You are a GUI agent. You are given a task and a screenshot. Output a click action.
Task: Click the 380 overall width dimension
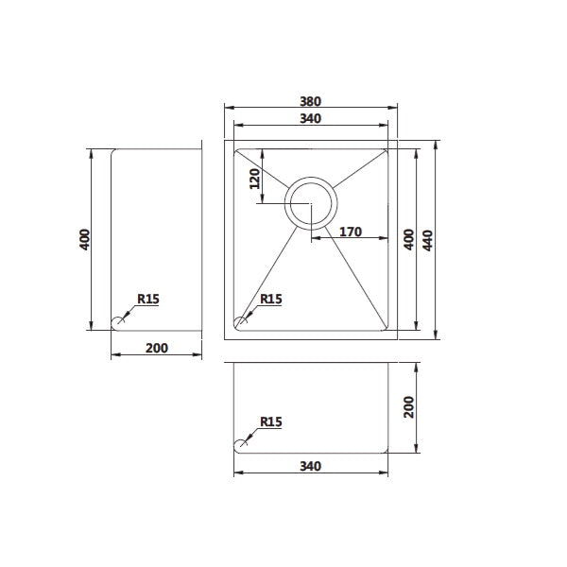pos(310,100)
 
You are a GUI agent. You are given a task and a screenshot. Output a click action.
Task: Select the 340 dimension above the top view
pos(310,118)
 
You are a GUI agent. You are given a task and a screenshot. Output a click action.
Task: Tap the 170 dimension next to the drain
pos(351,231)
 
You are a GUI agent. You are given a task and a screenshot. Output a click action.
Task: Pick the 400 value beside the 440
pos(409,240)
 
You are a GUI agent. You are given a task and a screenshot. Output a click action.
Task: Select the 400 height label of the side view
pos(85,240)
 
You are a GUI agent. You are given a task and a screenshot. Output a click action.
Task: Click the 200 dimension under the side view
pos(157,348)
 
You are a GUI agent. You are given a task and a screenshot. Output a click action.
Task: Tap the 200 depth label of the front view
pos(409,406)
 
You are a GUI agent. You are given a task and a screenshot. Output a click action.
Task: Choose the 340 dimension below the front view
pos(310,466)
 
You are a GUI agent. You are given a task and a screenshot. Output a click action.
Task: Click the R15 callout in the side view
pos(147,300)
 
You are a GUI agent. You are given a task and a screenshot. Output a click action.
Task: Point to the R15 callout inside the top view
pos(271,300)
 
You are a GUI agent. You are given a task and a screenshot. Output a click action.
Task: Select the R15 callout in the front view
pos(271,422)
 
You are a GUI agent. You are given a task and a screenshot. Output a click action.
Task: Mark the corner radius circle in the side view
pos(118,323)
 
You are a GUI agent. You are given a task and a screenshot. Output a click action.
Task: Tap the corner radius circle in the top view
pos(240,322)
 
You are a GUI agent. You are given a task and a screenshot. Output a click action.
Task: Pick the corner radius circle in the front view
pos(240,444)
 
